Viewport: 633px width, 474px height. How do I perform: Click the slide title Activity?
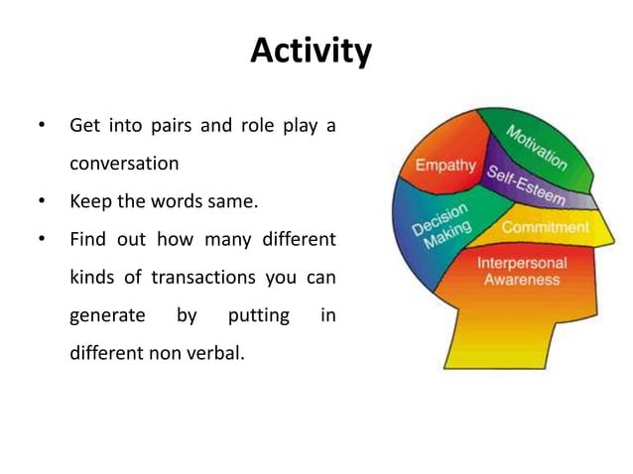[x=311, y=50]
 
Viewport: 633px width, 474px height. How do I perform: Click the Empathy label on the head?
[x=445, y=164]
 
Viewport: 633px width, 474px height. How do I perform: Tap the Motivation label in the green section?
[x=536, y=147]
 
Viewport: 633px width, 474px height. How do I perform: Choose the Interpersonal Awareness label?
[x=522, y=272]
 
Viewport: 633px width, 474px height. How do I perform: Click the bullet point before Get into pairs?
[x=41, y=127]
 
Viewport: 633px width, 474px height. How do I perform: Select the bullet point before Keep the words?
[x=41, y=202]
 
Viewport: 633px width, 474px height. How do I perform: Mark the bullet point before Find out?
[x=41, y=240]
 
